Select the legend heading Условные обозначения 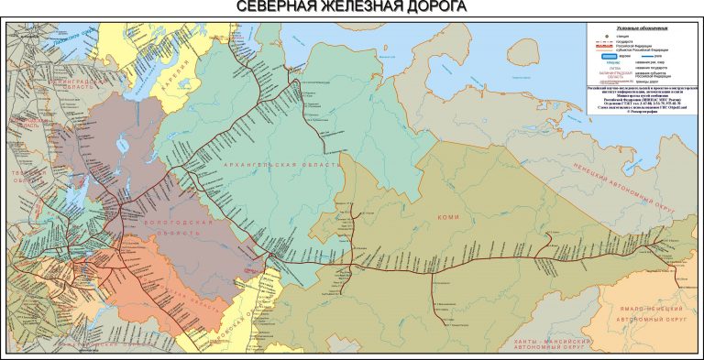(x=642, y=28)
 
